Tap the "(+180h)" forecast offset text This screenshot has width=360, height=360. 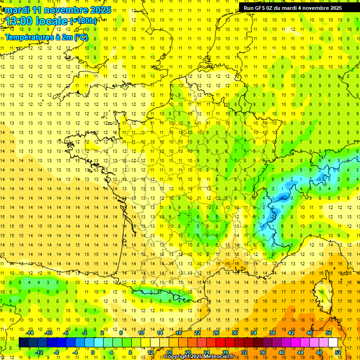[83, 21]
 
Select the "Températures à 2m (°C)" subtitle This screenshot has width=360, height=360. [46, 37]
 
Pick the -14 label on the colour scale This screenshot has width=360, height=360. [30, 333]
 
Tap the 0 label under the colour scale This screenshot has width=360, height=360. [92, 352]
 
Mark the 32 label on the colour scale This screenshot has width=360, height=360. [244, 352]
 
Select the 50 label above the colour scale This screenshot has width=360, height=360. [329, 333]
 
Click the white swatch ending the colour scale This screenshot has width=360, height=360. [333, 343]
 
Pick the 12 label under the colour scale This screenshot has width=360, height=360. [150, 352]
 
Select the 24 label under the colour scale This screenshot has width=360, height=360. [207, 352]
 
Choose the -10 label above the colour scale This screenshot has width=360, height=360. [48, 333]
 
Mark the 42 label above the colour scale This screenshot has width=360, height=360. [291, 333]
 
